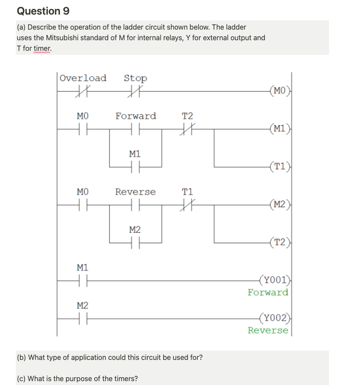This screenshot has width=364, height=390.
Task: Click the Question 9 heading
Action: pyautogui.click(x=43, y=11)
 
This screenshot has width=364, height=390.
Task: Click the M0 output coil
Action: pyautogui.click(x=280, y=92)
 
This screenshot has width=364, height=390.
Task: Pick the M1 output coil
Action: pyautogui.click(x=280, y=129)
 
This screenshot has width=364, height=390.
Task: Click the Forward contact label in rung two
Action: pyautogui.click(x=135, y=116)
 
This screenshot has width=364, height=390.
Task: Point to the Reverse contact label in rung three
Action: pyautogui.click(x=135, y=192)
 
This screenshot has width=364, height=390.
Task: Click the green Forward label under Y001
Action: pyautogui.click(x=268, y=292)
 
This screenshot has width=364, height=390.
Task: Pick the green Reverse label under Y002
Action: pyautogui.click(x=268, y=330)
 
